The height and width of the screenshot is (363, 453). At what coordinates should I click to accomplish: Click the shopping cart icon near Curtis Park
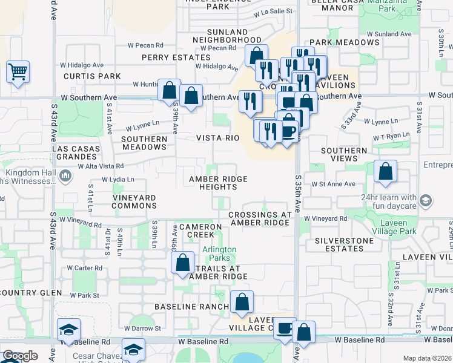(x=18, y=72)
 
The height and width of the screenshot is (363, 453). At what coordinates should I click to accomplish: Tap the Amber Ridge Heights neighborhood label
(x=218, y=183)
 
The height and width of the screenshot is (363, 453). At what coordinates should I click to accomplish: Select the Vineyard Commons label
(x=134, y=201)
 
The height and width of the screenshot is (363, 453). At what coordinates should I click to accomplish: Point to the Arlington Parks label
(x=219, y=253)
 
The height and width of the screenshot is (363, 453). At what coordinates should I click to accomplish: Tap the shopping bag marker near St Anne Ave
(x=385, y=172)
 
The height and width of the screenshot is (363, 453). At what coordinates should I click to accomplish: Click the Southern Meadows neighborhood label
(x=144, y=143)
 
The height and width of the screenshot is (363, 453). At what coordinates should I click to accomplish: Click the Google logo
(x=20, y=356)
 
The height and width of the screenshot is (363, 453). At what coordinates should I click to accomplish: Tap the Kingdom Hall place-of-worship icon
(x=65, y=176)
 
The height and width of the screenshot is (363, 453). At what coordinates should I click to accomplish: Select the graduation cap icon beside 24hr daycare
(x=426, y=200)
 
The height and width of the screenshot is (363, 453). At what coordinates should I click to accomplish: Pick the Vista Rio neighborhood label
(x=218, y=138)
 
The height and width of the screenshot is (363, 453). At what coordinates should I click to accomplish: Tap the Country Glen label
(x=30, y=293)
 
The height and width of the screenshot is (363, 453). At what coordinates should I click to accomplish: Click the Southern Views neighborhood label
(x=344, y=154)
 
